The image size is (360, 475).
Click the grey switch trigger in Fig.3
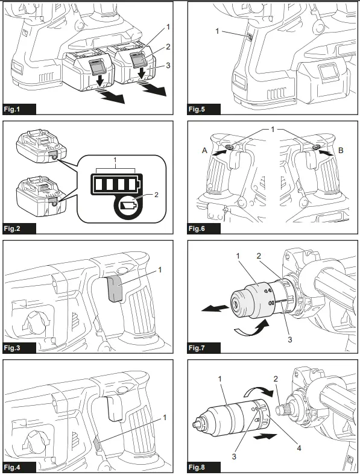tap(116, 288)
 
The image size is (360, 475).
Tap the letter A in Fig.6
tap(206, 153)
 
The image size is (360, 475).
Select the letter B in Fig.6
tap(341, 153)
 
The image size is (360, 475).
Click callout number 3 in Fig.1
tap(169, 66)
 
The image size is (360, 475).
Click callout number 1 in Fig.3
tap(160, 268)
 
